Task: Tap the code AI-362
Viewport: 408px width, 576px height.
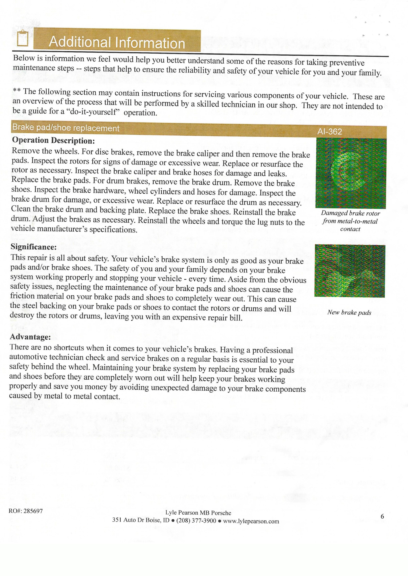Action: coord(329,131)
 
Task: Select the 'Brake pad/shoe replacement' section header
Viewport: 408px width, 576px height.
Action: coord(66,128)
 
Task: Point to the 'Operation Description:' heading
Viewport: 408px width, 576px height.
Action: coord(53,140)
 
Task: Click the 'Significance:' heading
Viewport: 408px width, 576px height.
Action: coord(34,247)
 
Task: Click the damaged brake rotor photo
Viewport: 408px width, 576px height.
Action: coord(351,173)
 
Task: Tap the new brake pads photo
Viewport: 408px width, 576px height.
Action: coord(349,271)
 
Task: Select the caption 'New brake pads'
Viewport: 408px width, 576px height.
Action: coord(349,312)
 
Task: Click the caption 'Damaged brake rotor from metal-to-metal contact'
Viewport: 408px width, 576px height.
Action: coord(350,221)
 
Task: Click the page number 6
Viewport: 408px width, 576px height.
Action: coord(382,516)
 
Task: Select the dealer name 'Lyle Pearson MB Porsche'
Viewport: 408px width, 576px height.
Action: coord(198,513)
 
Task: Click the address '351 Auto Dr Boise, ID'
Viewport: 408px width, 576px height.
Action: coord(141,520)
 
